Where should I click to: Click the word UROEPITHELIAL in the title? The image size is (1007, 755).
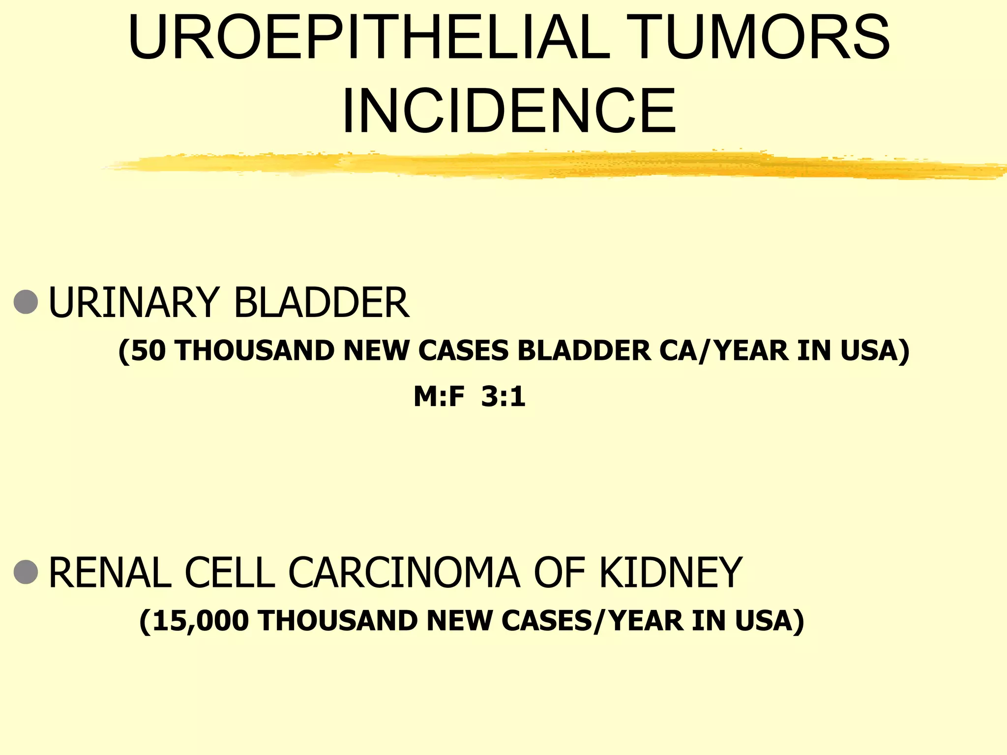(369, 37)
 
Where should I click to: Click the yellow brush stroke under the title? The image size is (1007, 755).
(556, 165)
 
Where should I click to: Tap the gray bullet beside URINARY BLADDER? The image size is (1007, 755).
(26, 302)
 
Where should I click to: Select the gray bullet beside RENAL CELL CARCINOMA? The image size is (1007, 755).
(26, 572)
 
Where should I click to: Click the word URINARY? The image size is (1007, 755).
(133, 303)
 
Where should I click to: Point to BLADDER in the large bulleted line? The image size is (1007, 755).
(321, 303)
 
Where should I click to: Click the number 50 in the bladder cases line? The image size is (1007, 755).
(148, 351)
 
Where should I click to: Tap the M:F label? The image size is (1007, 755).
(439, 397)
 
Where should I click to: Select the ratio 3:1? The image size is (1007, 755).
(503, 397)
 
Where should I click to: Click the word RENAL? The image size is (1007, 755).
(110, 573)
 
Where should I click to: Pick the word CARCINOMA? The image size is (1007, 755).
(404, 573)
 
